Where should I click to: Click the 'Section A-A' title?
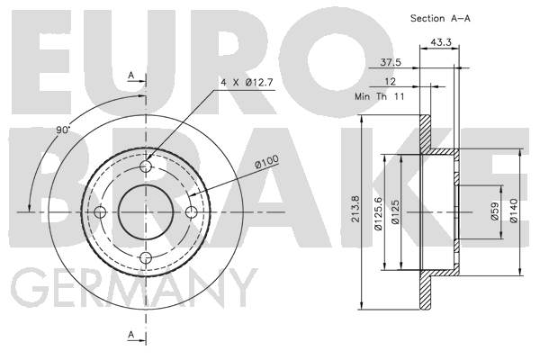440,18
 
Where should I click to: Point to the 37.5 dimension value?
391,62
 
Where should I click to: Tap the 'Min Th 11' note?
380,96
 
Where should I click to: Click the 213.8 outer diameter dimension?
355,209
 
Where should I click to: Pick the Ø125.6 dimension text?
378,213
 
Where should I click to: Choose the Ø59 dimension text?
494,211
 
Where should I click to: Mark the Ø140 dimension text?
514,211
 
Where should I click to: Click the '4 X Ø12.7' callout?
247,83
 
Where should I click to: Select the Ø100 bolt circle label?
266,162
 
